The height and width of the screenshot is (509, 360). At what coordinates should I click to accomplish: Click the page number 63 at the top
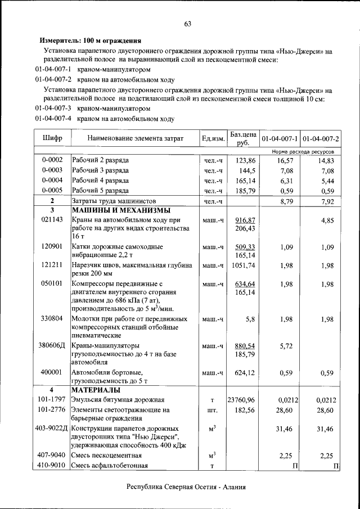click(x=187, y=24)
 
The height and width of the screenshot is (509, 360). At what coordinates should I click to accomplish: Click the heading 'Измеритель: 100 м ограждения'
click(x=89, y=40)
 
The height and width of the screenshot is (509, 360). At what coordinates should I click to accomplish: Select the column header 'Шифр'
click(x=52, y=138)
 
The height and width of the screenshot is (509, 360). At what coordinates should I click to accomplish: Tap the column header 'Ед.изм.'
click(x=213, y=139)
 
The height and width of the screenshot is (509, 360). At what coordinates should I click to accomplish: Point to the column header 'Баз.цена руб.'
click(x=242, y=139)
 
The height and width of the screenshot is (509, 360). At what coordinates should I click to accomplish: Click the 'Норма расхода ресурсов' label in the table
click(x=303, y=152)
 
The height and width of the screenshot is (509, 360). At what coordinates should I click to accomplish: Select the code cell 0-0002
click(x=52, y=160)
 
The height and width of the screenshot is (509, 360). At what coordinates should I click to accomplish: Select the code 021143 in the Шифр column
click(x=52, y=220)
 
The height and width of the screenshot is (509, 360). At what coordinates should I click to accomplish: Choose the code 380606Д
click(x=52, y=346)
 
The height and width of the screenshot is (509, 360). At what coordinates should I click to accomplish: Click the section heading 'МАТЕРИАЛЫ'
click(x=95, y=390)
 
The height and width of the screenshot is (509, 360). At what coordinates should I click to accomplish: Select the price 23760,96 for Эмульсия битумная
click(x=241, y=400)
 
